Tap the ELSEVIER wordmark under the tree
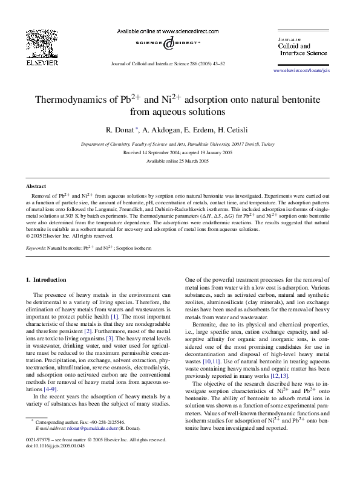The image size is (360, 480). click(41, 62)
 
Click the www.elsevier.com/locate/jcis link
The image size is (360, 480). click(310, 71)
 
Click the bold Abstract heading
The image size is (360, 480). click(36, 187)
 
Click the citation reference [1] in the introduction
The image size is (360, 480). click(114, 317)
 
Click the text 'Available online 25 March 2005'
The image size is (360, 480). click(180, 161)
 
